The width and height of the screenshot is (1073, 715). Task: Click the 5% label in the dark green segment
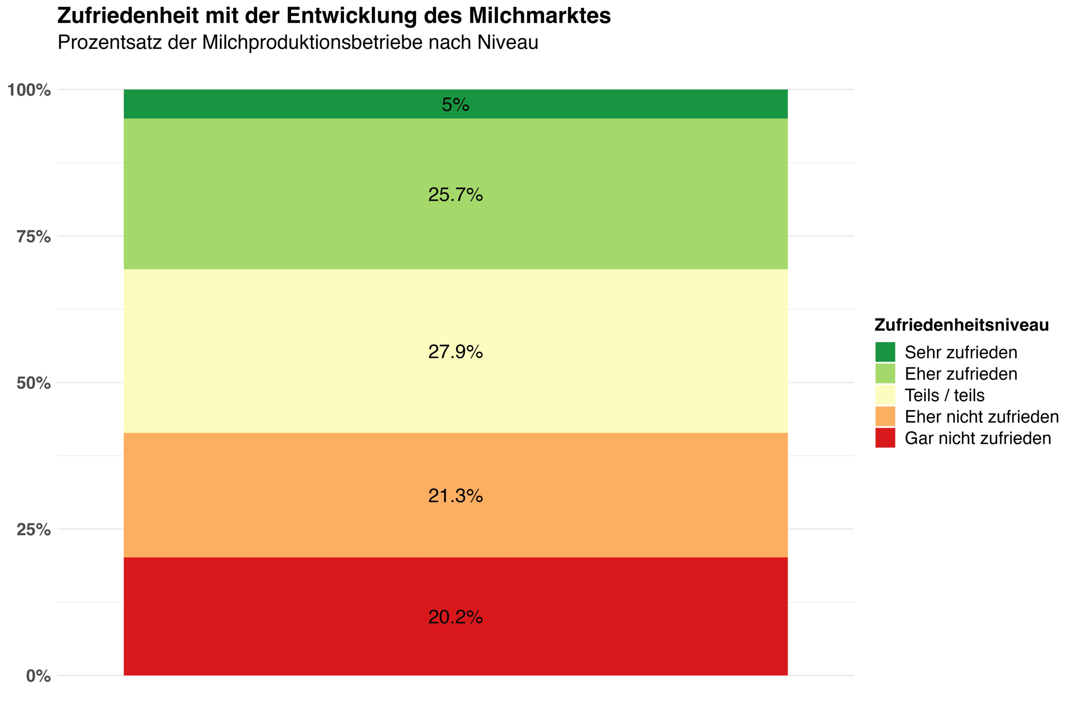click(455, 105)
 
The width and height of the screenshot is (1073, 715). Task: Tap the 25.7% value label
click(455, 195)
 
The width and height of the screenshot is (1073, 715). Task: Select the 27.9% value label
click(455, 352)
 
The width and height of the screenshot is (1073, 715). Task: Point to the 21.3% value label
click(455, 496)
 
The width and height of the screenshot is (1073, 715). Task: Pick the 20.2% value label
click(455, 617)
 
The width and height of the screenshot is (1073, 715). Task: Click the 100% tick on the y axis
click(29, 90)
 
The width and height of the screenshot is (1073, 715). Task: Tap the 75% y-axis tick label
click(34, 237)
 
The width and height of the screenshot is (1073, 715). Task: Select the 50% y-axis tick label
click(34, 383)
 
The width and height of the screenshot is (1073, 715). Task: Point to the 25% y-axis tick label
click(34, 529)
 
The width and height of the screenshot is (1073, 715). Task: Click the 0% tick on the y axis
click(38, 676)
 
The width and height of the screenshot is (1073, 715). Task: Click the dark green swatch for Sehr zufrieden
click(885, 352)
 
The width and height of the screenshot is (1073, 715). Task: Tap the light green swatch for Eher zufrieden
click(885, 374)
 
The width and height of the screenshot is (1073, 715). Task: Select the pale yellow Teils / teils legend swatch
click(885, 395)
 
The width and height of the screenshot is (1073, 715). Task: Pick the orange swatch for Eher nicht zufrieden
click(885, 416)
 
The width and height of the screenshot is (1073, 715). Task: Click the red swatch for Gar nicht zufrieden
click(885, 438)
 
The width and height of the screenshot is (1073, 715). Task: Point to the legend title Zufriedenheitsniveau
click(962, 325)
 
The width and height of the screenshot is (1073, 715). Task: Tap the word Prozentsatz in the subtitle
click(109, 42)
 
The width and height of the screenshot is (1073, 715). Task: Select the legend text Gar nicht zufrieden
click(978, 438)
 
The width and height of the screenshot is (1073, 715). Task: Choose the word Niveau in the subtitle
click(508, 42)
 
